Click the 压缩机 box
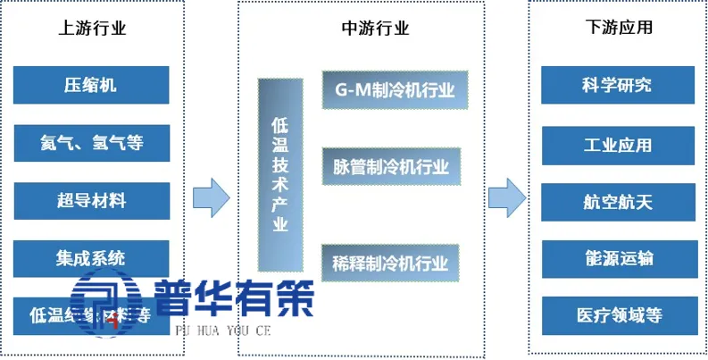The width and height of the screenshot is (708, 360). pyautogui.click(x=91, y=86)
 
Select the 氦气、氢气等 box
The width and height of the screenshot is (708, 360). pyautogui.click(x=91, y=143)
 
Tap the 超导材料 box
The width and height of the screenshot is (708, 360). pyautogui.click(x=91, y=200)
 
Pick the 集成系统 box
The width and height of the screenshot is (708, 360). pyautogui.click(x=91, y=258)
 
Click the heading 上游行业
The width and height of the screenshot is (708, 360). pyautogui.click(x=91, y=28)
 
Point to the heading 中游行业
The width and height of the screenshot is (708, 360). pyautogui.click(x=376, y=28)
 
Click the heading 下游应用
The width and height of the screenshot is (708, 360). pyautogui.click(x=616, y=28)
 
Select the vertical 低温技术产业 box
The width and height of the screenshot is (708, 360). pyautogui.click(x=279, y=174)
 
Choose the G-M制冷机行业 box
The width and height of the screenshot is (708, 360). pyautogui.click(x=395, y=89)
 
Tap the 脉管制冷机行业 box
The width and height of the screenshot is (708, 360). pyautogui.click(x=395, y=166)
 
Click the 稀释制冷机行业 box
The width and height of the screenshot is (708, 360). pyautogui.click(x=395, y=263)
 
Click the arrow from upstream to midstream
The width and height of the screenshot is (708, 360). pyautogui.click(x=212, y=197)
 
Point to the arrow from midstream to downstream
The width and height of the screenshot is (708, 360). pyautogui.click(x=505, y=197)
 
